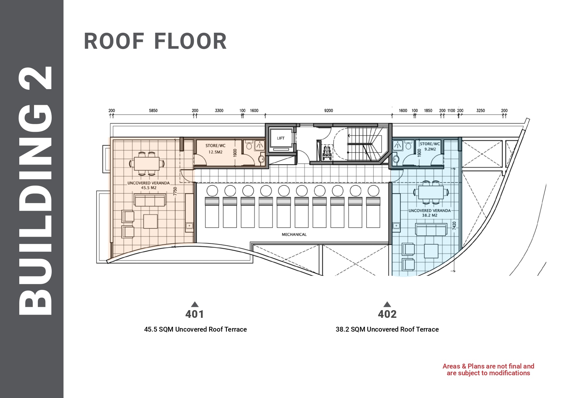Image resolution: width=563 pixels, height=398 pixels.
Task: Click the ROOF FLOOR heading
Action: (x=155, y=41)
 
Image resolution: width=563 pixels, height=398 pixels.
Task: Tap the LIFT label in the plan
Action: (x=281, y=138)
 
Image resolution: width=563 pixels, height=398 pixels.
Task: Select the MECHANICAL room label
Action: (x=294, y=234)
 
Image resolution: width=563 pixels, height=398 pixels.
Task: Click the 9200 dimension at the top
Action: (x=328, y=111)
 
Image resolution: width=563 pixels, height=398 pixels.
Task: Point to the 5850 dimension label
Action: (x=153, y=111)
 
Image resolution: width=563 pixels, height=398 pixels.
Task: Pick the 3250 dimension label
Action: (x=481, y=111)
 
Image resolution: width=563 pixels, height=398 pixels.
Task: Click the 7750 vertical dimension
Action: (x=175, y=191)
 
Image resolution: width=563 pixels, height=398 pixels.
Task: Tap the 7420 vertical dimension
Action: (x=454, y=225)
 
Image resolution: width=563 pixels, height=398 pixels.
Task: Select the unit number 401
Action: (x=195, y=314)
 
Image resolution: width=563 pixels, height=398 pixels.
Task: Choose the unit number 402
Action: (x=387, y=314)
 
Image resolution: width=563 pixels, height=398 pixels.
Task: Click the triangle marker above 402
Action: (x=387, y=304)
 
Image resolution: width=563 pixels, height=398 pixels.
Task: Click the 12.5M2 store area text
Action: (x=215, y=152)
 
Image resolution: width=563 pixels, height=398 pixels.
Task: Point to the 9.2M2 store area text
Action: (x=430, y=149)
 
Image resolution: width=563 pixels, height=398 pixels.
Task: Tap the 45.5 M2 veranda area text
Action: (x=149, y=188)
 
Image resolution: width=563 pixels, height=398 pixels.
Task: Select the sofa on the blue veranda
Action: (x=431, y=229)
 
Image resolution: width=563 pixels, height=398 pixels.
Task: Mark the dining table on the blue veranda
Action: (x=431, y=193)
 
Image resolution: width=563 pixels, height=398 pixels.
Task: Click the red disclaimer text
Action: (x=488, y=369)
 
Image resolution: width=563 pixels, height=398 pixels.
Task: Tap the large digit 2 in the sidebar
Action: (x=36, y=78)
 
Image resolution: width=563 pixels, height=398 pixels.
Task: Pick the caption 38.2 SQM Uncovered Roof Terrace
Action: (x=387, y=329)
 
